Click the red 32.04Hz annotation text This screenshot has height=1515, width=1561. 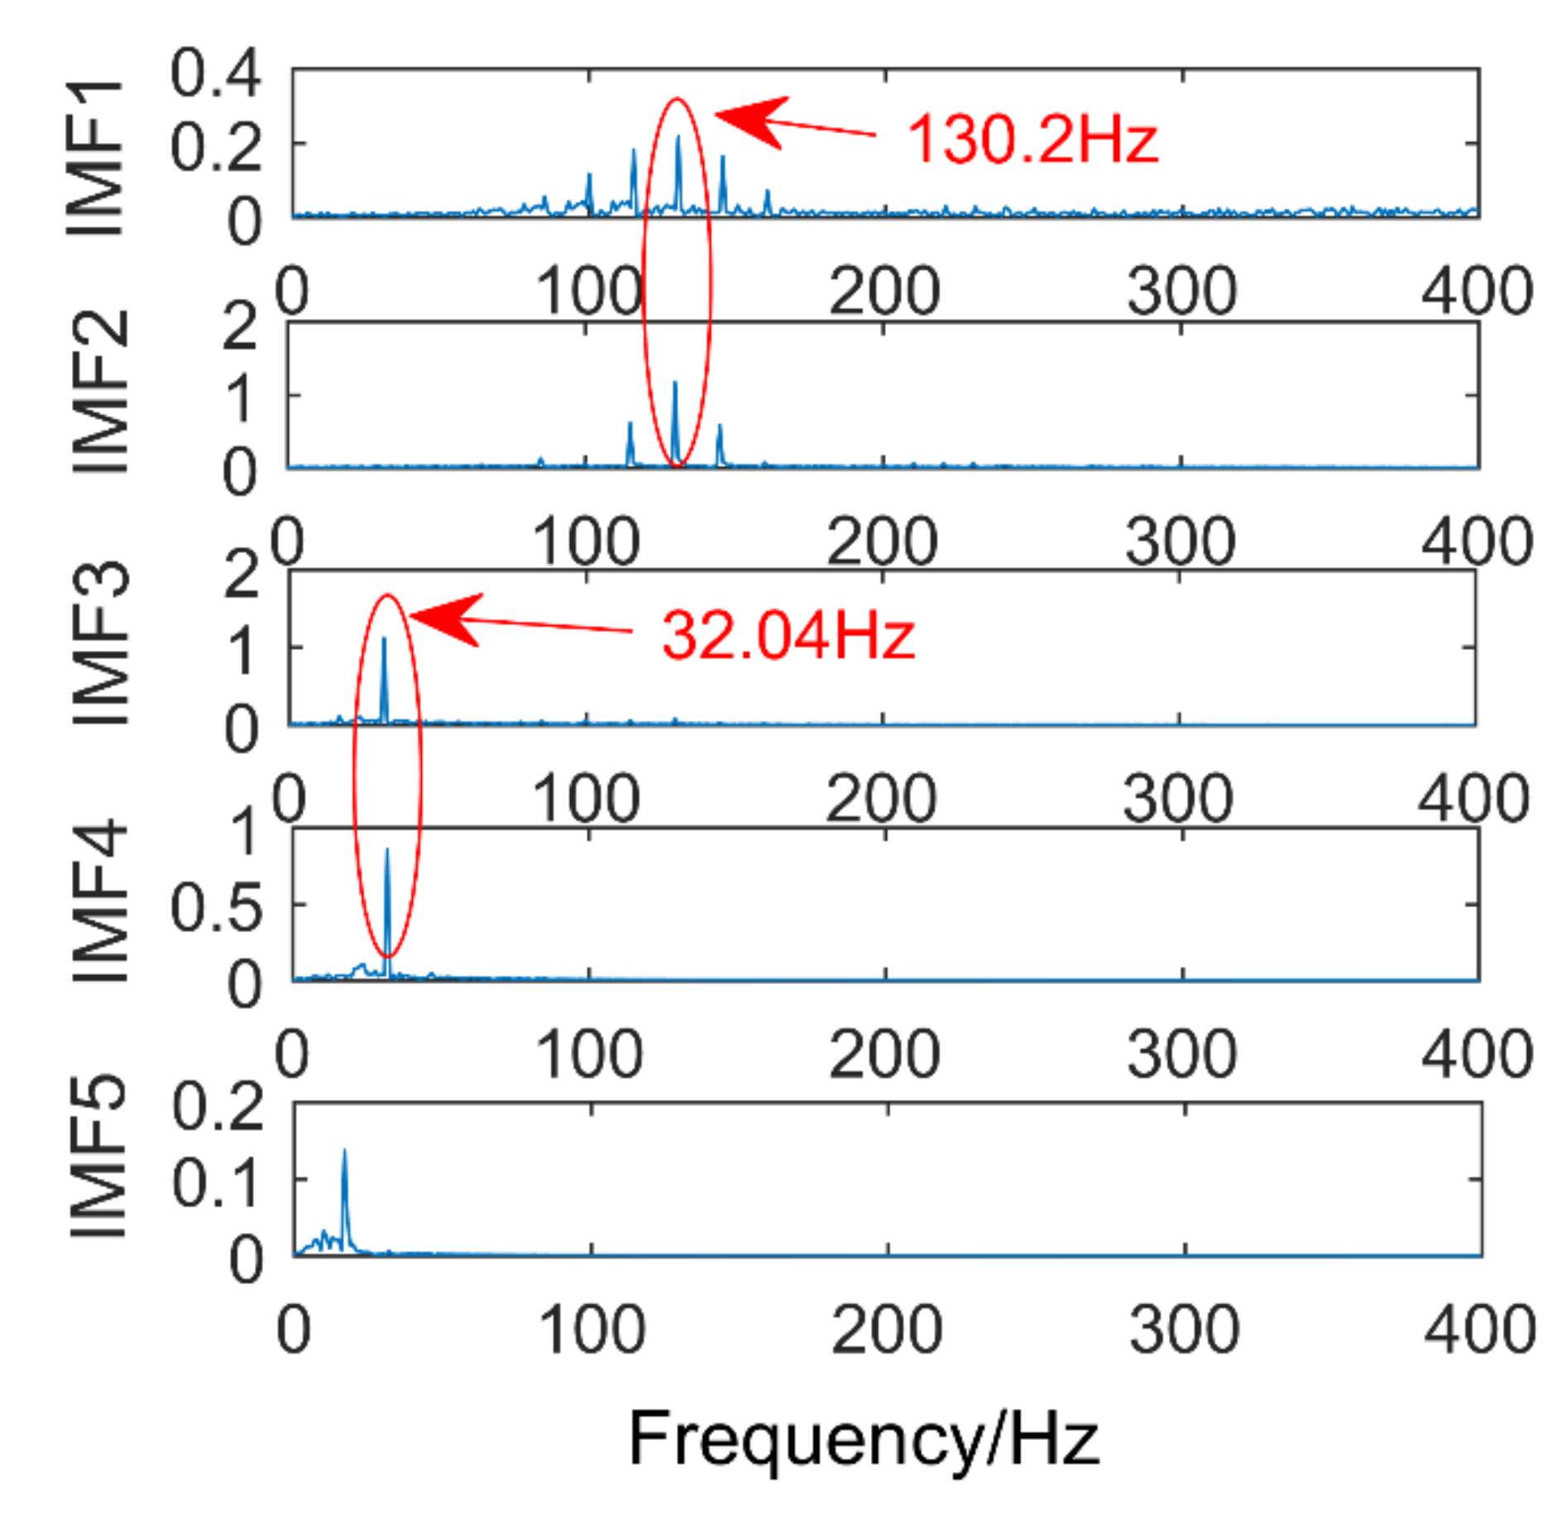click(x=788, y=635)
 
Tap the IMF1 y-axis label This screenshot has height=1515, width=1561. click(x=95, y=159)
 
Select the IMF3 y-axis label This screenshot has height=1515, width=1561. click(x=101, y=643)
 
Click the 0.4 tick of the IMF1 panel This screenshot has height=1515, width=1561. click(x=215, y=73)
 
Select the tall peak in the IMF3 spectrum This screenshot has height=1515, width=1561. click(x=384, y=639)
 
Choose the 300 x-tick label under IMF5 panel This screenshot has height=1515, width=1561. click(x=1184, y=1330)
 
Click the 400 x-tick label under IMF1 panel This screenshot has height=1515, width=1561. click(x=1477, y=291)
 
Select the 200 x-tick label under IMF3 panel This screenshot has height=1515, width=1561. click(x=881, y=798)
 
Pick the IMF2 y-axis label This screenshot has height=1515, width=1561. click(x=101, y=393)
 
